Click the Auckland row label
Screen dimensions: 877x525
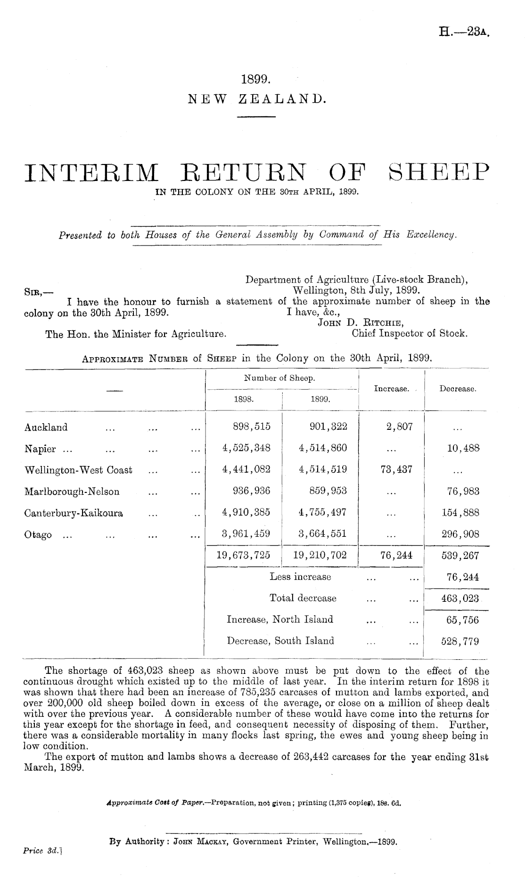pos(46,427)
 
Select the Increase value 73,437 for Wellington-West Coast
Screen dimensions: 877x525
pos(393,469)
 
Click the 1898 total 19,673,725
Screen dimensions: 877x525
pos(243,556)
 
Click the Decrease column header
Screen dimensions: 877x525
pos(457,389)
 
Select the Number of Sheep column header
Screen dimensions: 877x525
pos(279,378)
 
